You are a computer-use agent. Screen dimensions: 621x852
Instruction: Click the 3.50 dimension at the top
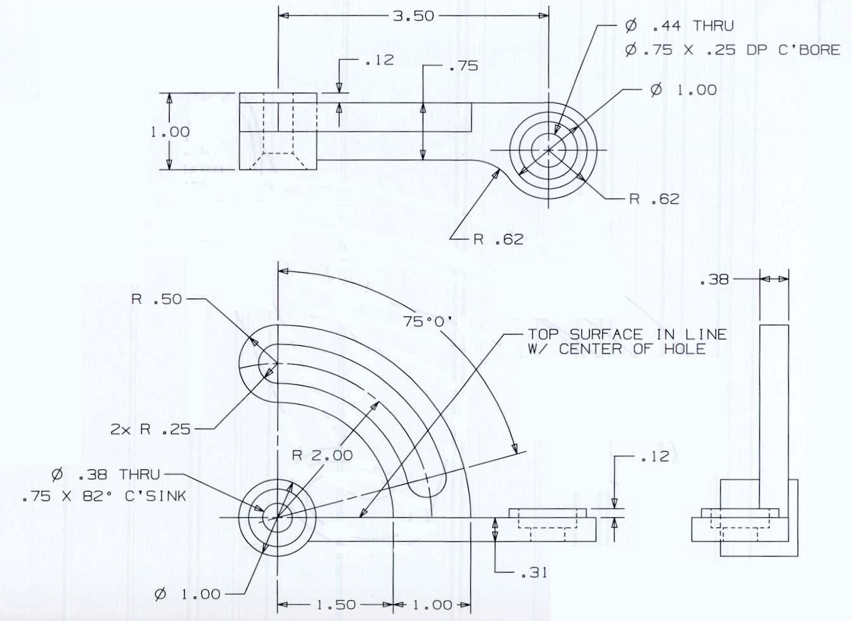coord(413,16)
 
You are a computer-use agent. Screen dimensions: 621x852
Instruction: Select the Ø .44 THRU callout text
coord(679,26)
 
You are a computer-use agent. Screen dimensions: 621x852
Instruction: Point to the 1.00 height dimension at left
coord(170,132)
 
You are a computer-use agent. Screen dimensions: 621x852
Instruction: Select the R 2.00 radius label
coord(322,455)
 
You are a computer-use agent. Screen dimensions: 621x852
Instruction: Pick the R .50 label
coord(157,299)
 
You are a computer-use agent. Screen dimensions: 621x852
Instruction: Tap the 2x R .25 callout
coord(150,429)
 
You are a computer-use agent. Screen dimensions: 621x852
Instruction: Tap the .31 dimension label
coord(534,572)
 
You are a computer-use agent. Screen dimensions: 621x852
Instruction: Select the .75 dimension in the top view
coord(463,66)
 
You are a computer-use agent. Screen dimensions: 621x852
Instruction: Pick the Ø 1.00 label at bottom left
coord(188,594)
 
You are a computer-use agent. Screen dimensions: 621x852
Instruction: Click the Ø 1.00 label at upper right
coord(684,90)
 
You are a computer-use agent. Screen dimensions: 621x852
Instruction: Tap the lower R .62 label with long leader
coord(499,239)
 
